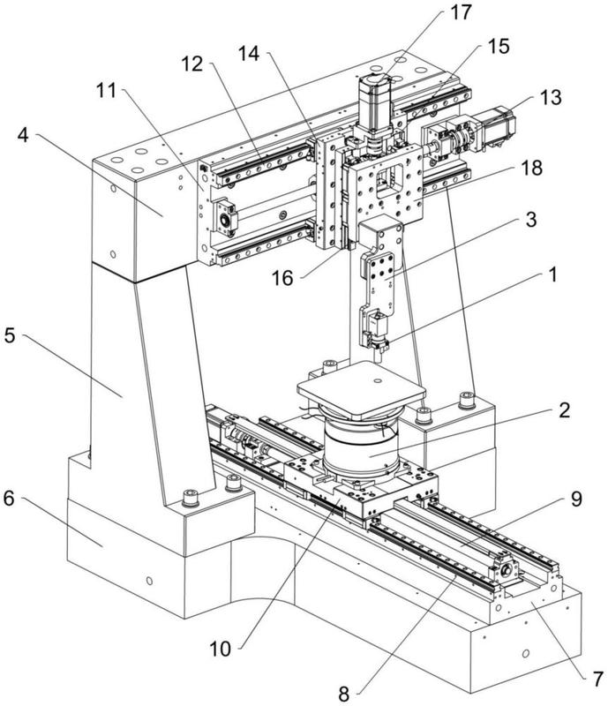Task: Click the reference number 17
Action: coord(460,14)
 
